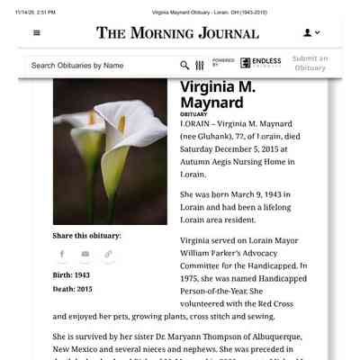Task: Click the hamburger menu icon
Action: (x=37, y=32)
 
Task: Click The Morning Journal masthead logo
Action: (x=177, y=33)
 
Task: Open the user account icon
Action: (x=311, y=32)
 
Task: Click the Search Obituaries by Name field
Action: (x=99, y=65)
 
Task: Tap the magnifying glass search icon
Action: (x=184, y=65)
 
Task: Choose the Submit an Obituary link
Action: (x=310, y=63)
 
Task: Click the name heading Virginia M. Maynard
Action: (x=218, y=94)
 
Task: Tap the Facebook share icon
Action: (x=62, y=254)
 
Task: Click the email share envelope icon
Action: (x=85, y=254)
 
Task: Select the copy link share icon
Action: (x=109, y=254)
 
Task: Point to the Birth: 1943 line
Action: (x=71, y=274)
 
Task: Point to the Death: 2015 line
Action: (x=72, y=289)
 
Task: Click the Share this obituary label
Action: (x=86, y=235)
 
